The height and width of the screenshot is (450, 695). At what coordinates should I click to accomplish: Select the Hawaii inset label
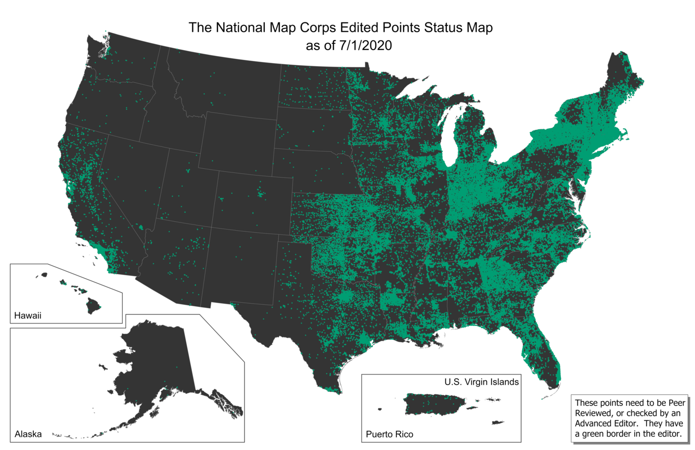click(27, 316)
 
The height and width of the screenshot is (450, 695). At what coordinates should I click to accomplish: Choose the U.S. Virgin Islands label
click(481, 382)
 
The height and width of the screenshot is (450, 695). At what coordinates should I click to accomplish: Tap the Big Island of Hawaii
click(94, 304)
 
